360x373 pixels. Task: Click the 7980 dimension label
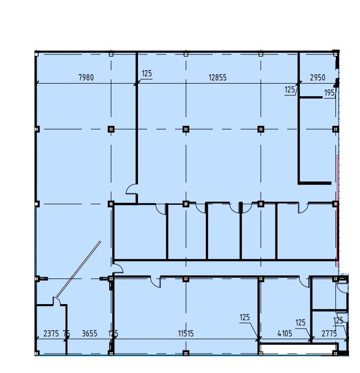click(x=86, y=77)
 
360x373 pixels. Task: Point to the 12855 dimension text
click(x=217, y=77)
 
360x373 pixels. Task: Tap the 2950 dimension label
click(x=317, y=77)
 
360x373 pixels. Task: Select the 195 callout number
click(x=329, y=93)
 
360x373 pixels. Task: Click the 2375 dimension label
click(x=51, y=333)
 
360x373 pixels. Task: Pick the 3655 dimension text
click(x=89, y=333)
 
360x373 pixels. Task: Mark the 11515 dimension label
click(x=185, y=333)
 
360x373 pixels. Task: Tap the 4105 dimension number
click(x=285, y=333)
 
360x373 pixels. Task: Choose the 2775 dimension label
click(x=329, y=333)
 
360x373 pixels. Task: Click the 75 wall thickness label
click(x=66, y=333)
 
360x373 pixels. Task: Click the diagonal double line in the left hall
click(x=78, y=269)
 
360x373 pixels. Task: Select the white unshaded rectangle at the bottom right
click(x=298, y=349)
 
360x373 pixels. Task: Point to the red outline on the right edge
click(x=338, y=211)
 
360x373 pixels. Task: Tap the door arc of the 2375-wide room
click(x=57, y=300)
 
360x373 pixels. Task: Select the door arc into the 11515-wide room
click(x=156, y=283)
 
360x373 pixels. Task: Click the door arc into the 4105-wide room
click(x=304, y=283)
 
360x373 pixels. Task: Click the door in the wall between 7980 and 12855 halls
click(x=131, y=189)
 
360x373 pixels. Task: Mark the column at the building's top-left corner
click(x=37, y=54)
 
